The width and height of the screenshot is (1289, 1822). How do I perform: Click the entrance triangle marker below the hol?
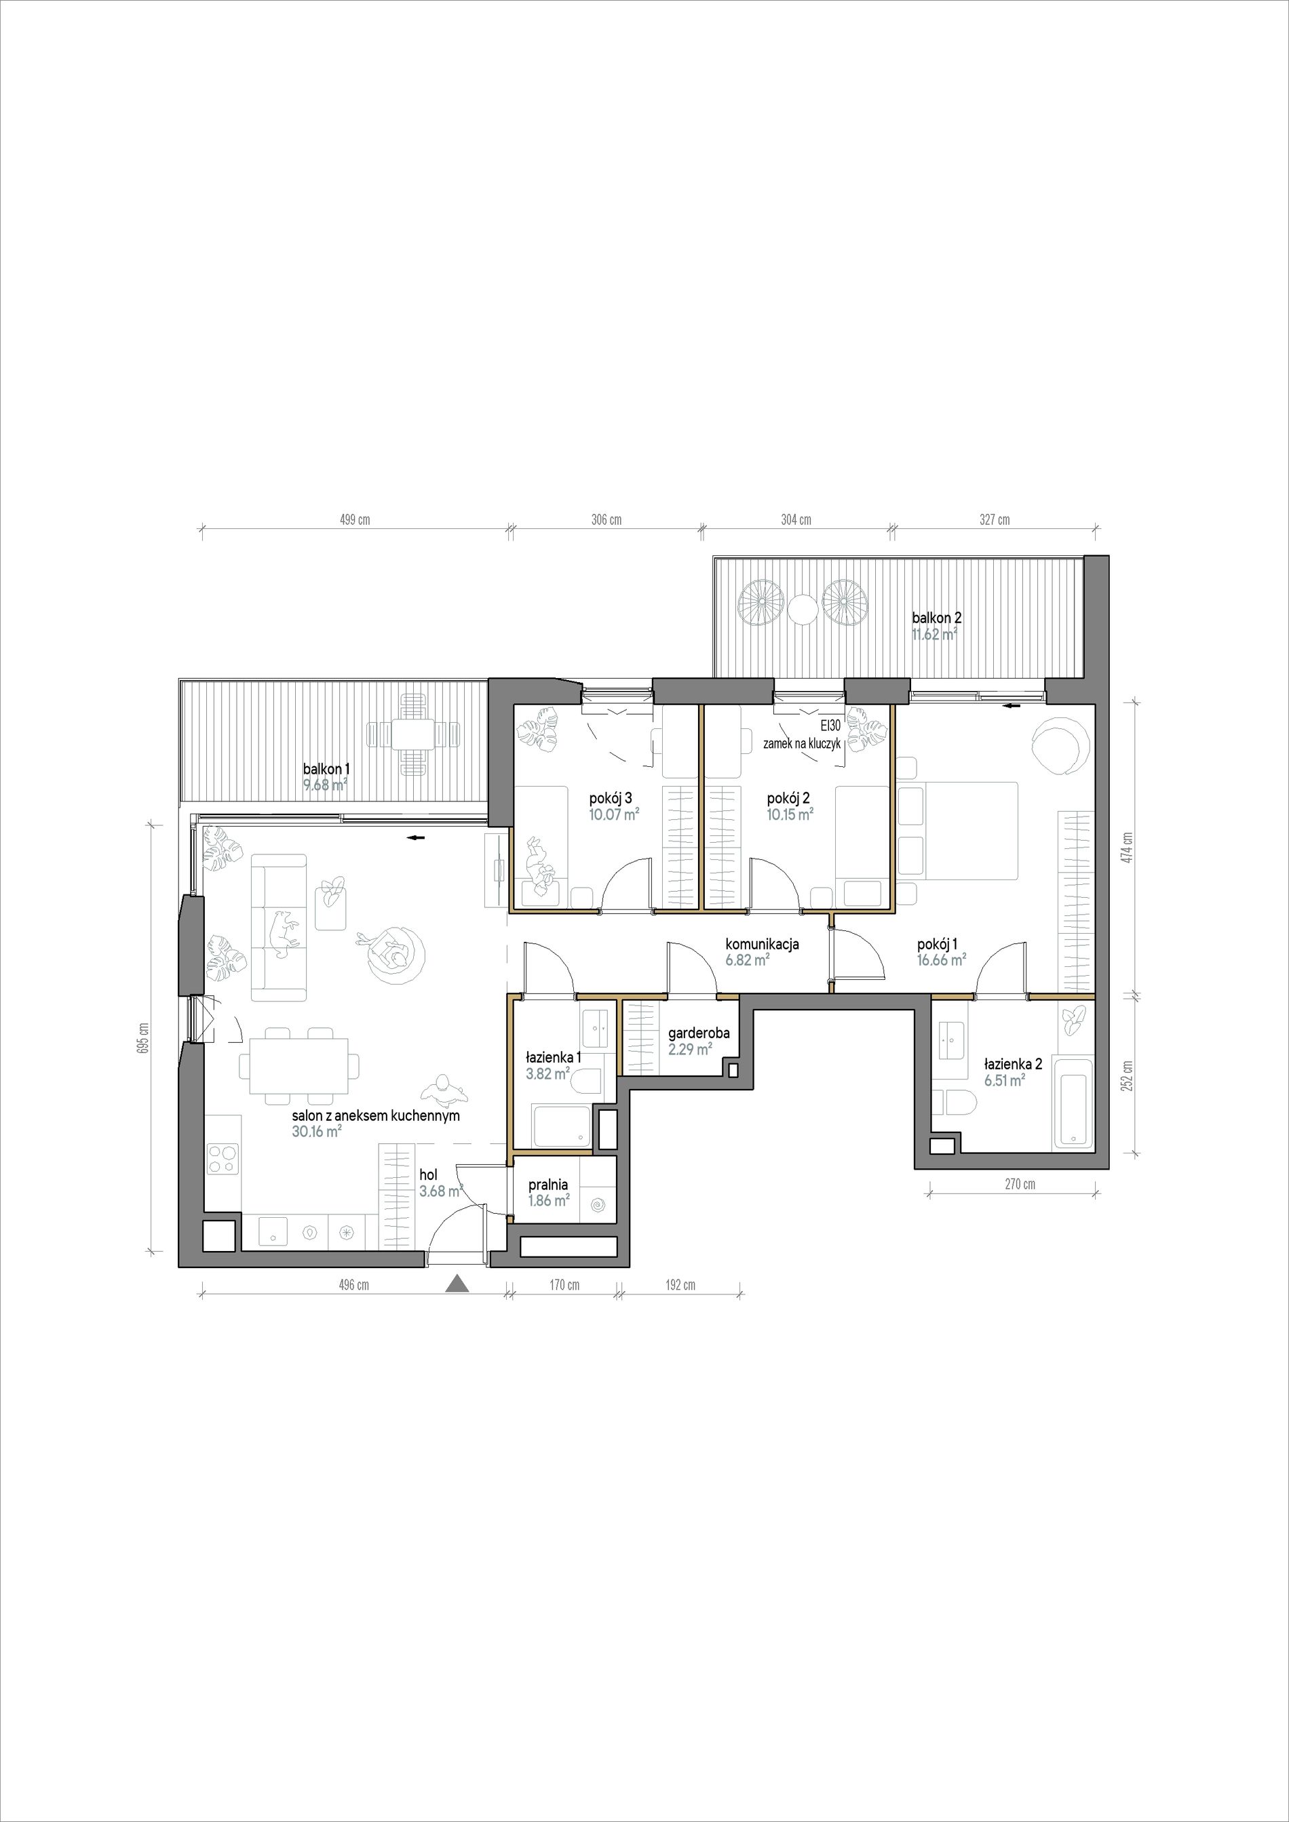click(457, 1306)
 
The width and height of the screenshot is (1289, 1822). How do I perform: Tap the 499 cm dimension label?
click(355, 521)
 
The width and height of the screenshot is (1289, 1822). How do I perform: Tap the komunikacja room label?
click(762, 945)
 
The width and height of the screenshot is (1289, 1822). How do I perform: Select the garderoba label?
click(699, 1033)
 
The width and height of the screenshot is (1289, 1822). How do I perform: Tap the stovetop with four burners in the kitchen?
click(223, 1160)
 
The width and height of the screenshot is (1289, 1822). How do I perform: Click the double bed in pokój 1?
click(959, 830)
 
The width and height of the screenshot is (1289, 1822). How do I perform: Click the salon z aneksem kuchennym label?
click(375, 1115)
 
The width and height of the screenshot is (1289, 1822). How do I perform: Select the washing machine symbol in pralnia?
click(598, 1207)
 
